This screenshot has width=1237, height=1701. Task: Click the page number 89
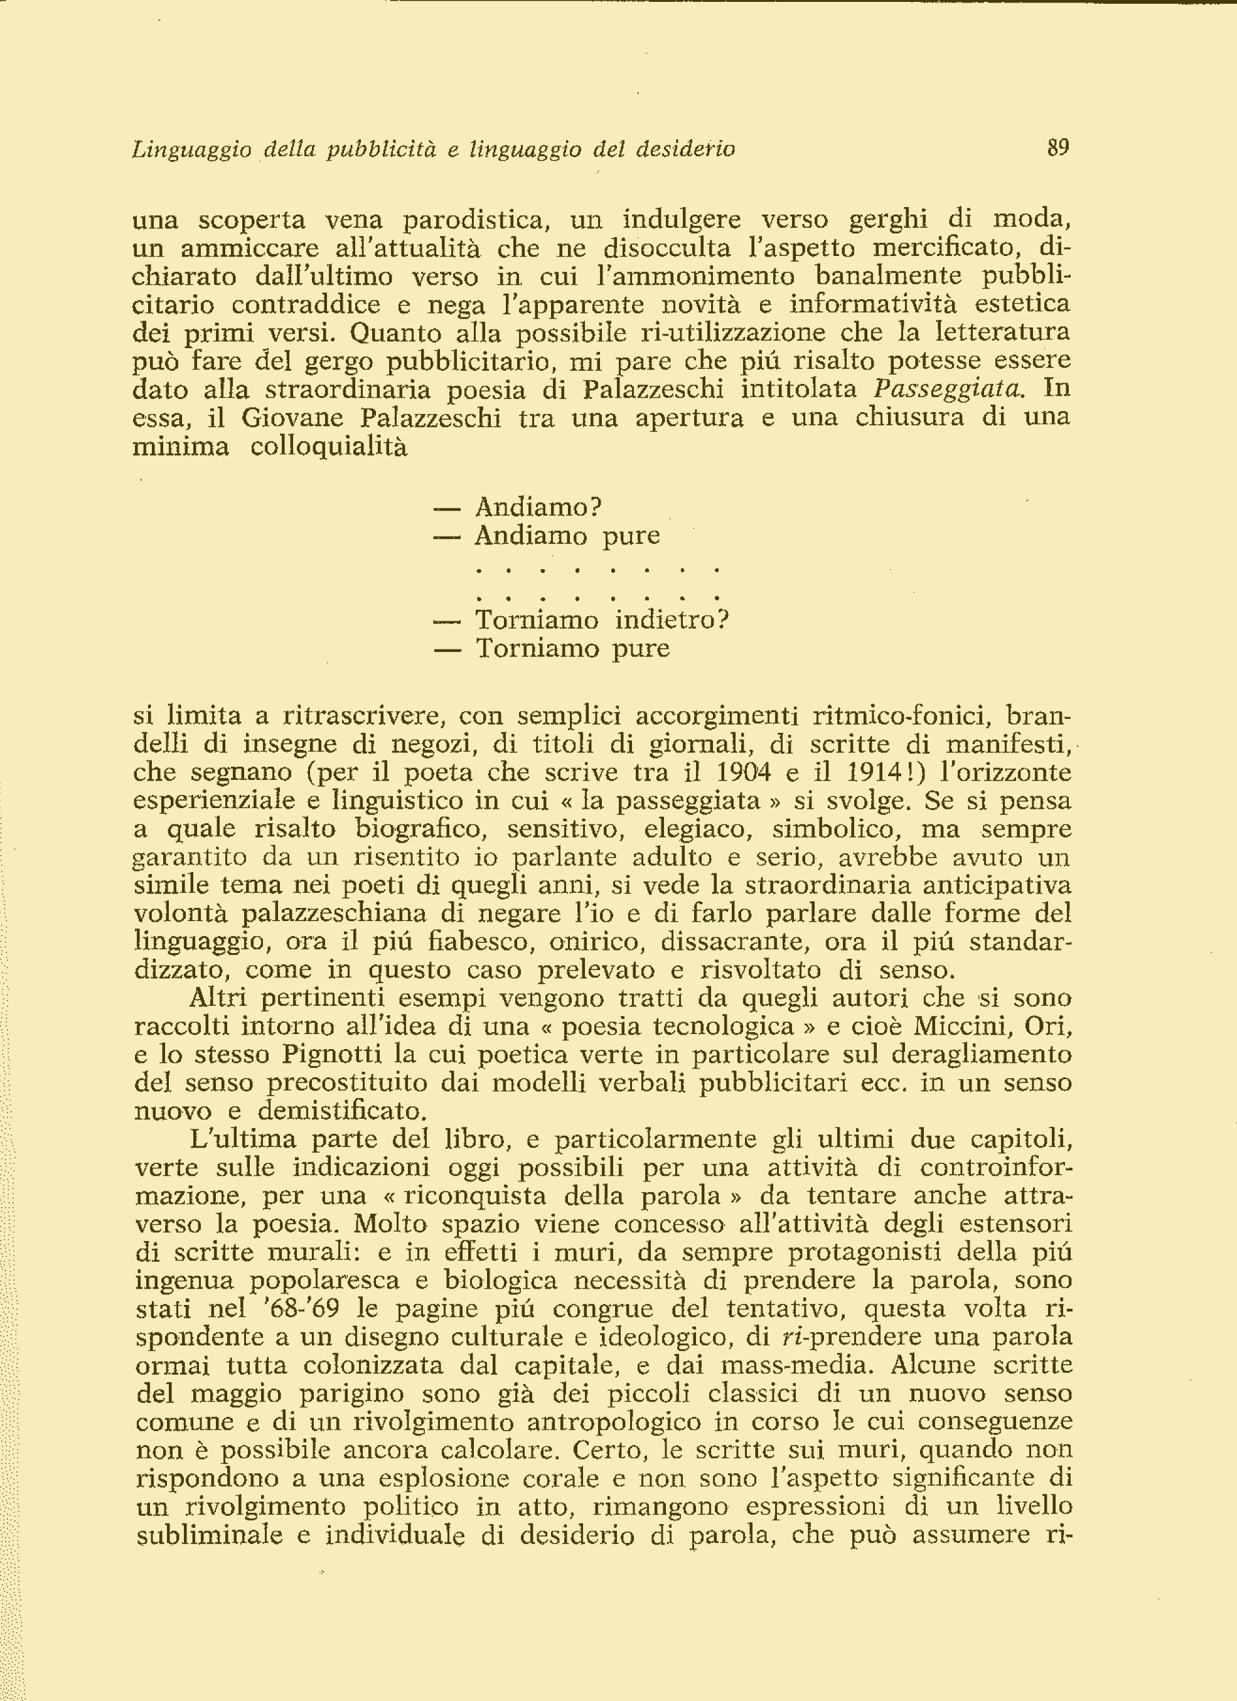[1058, 147]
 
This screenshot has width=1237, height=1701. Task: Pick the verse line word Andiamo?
[538, 508]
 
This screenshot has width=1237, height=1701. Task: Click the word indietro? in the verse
[672, 621]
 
